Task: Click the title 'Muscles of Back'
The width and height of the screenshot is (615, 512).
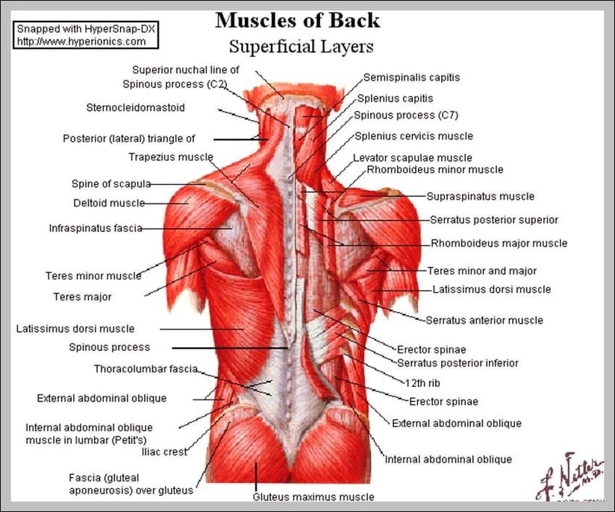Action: point(297,20)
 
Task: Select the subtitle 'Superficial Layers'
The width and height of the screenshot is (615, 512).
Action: point(302,47)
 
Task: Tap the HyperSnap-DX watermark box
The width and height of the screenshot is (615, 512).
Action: point(86,35)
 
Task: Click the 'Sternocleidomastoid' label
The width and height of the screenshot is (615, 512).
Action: point(135,107)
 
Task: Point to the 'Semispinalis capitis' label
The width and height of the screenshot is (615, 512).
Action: point(411,78)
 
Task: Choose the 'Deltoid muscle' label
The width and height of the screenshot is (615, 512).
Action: point(109,203)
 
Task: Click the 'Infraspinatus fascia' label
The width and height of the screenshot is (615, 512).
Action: point(96,228)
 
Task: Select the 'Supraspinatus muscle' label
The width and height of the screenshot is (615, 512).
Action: point(481,196)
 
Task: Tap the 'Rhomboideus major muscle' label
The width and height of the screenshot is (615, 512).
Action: point(499,243)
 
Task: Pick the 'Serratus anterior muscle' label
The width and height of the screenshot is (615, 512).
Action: point(484,320)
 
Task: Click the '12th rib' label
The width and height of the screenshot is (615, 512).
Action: point(422,383)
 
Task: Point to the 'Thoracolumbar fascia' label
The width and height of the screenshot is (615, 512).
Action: point(146,369)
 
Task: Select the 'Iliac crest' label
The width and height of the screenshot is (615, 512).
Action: point(164,452)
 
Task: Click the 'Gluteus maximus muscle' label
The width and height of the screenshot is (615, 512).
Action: point(313,497)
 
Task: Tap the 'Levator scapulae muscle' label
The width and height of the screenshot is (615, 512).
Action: point(412,157)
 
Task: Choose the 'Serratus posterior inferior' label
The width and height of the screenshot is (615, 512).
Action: point(458,363)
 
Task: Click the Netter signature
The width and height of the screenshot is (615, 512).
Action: point(570,476)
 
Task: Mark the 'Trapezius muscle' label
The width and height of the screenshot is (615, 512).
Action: point(171,157)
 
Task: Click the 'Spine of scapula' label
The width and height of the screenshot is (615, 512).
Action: point(111,183)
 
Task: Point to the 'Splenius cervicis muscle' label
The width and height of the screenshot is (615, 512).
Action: point(413,136)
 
